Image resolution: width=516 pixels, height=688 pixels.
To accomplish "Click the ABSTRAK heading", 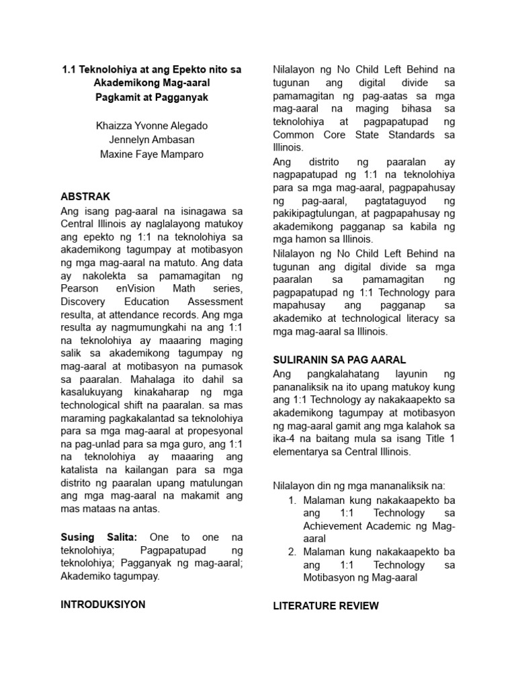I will tap(85, 196).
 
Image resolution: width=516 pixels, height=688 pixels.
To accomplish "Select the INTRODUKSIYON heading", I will tap(103, 604).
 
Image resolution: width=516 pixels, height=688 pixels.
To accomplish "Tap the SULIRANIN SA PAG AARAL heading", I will tap(339, 359).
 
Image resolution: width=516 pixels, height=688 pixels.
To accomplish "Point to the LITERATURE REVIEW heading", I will tap(326, 605).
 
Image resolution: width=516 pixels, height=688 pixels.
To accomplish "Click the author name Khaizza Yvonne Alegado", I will tap(151, 126).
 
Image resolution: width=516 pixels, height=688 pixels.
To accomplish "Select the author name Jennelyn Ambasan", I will tap(151, 140).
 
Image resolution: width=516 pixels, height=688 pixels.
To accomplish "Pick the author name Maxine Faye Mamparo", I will tap(151, 155).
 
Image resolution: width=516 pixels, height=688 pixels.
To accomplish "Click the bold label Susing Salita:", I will tap(99, 537).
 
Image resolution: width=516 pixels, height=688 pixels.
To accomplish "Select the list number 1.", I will tap(292, 501).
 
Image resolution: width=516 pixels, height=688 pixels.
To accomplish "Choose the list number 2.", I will tap(292, 552).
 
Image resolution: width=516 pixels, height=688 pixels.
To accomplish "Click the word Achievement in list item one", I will tap(333, 526).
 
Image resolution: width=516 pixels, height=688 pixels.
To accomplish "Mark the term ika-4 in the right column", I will tap(285, 439).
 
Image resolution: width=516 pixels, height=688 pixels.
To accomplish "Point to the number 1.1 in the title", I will tap(70, 69).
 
